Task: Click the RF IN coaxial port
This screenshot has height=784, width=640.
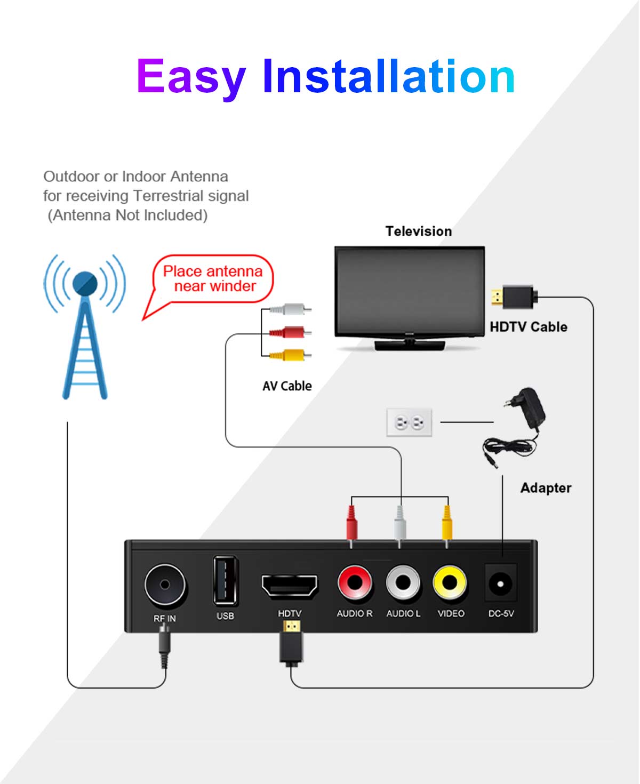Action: coord(165,585)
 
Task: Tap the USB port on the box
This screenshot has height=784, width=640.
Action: coord(225,581)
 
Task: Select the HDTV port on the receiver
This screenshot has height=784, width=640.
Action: coord(289,586)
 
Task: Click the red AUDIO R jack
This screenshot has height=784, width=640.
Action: coord(354,582)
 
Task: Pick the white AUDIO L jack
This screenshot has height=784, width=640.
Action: coord(403,582)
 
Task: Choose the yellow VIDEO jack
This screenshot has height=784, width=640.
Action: coord(450,582)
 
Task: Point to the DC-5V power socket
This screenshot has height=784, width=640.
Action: coord(500,583)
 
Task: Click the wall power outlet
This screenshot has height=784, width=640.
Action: coord(409,422)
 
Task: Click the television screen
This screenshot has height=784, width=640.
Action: coord(410,291)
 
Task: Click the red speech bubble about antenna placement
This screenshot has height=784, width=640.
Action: coord(212,279)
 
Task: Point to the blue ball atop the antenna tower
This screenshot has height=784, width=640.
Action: coord(85,284)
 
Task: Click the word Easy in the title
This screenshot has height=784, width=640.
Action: coord(191,77)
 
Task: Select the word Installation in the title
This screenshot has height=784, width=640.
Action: coord(388,77)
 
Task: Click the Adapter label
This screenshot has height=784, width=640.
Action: coord(546,488)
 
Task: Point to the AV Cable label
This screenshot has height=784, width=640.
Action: coord(287,386)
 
